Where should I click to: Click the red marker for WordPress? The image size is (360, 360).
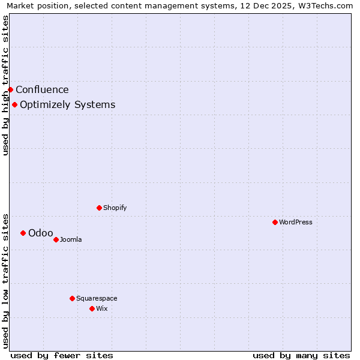click(275, 222)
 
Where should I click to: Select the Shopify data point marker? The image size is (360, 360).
click(99, 208)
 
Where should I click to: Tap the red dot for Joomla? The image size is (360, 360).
click(56, 239)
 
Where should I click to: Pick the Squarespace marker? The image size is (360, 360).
click(72, 298)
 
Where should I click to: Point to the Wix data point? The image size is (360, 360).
click(92, 308)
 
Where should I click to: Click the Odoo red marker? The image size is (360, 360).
click(23, 233)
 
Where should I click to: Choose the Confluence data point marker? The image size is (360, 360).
click(10, 89)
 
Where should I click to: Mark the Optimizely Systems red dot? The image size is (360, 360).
click(14, 104)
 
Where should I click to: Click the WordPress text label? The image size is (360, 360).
click(296, 222)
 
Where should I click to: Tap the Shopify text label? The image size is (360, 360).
click(115, 208)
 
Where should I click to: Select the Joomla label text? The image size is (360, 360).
click(71, 239)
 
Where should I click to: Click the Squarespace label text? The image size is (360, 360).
click(97, 298)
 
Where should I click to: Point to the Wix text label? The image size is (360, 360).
click(101, 308)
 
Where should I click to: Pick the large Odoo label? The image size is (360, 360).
click(41, 233)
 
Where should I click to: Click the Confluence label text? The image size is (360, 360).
click(42, 89)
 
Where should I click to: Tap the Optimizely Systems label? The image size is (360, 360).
click(67, 104)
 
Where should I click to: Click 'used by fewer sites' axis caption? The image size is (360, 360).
click(62, 355)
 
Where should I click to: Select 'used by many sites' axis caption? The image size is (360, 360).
click(301, 355)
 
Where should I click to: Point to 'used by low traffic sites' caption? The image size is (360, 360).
click(5, 280)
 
